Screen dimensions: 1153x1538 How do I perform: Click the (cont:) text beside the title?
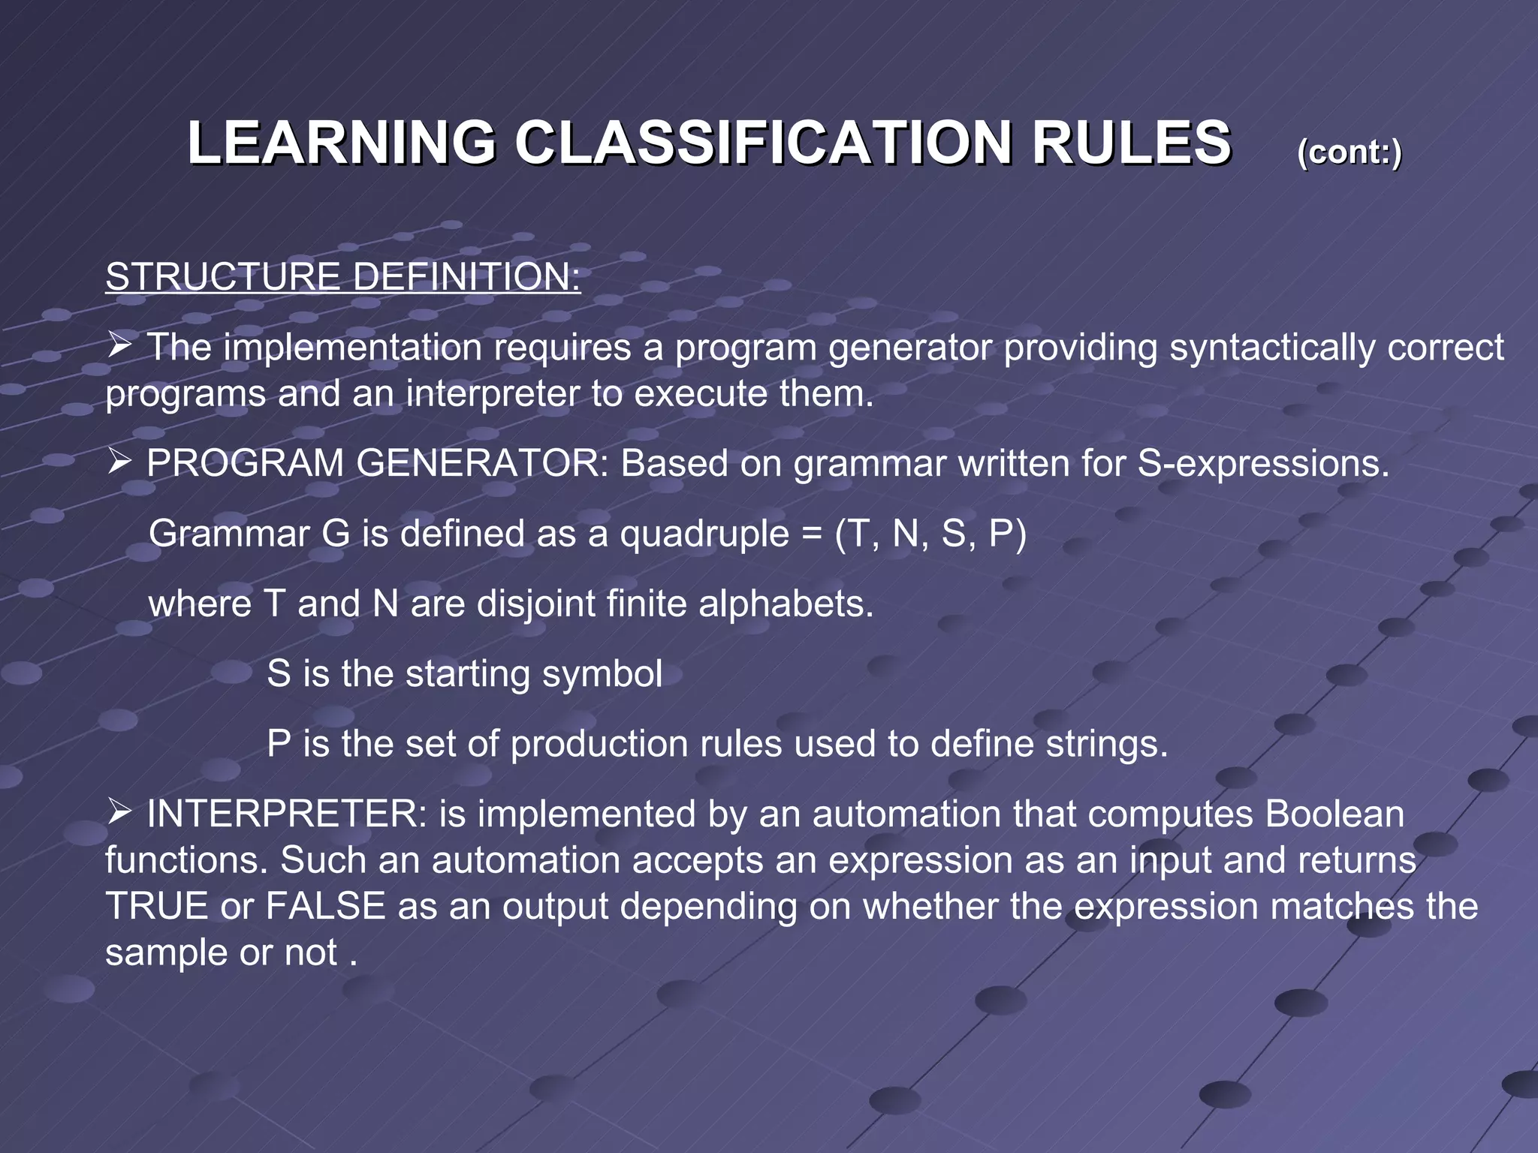click(1349, 152)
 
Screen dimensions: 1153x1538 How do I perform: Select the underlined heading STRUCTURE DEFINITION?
click(343, 276)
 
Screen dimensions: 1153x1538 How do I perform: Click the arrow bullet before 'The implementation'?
click(119, 346)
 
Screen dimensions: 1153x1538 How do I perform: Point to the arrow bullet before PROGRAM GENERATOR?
click(119, 462)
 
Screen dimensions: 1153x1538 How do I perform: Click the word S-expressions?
click(1263, 463)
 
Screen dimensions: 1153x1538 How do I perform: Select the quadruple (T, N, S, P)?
click(930, 534)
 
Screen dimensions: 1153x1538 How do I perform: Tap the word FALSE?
click(325, 906)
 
